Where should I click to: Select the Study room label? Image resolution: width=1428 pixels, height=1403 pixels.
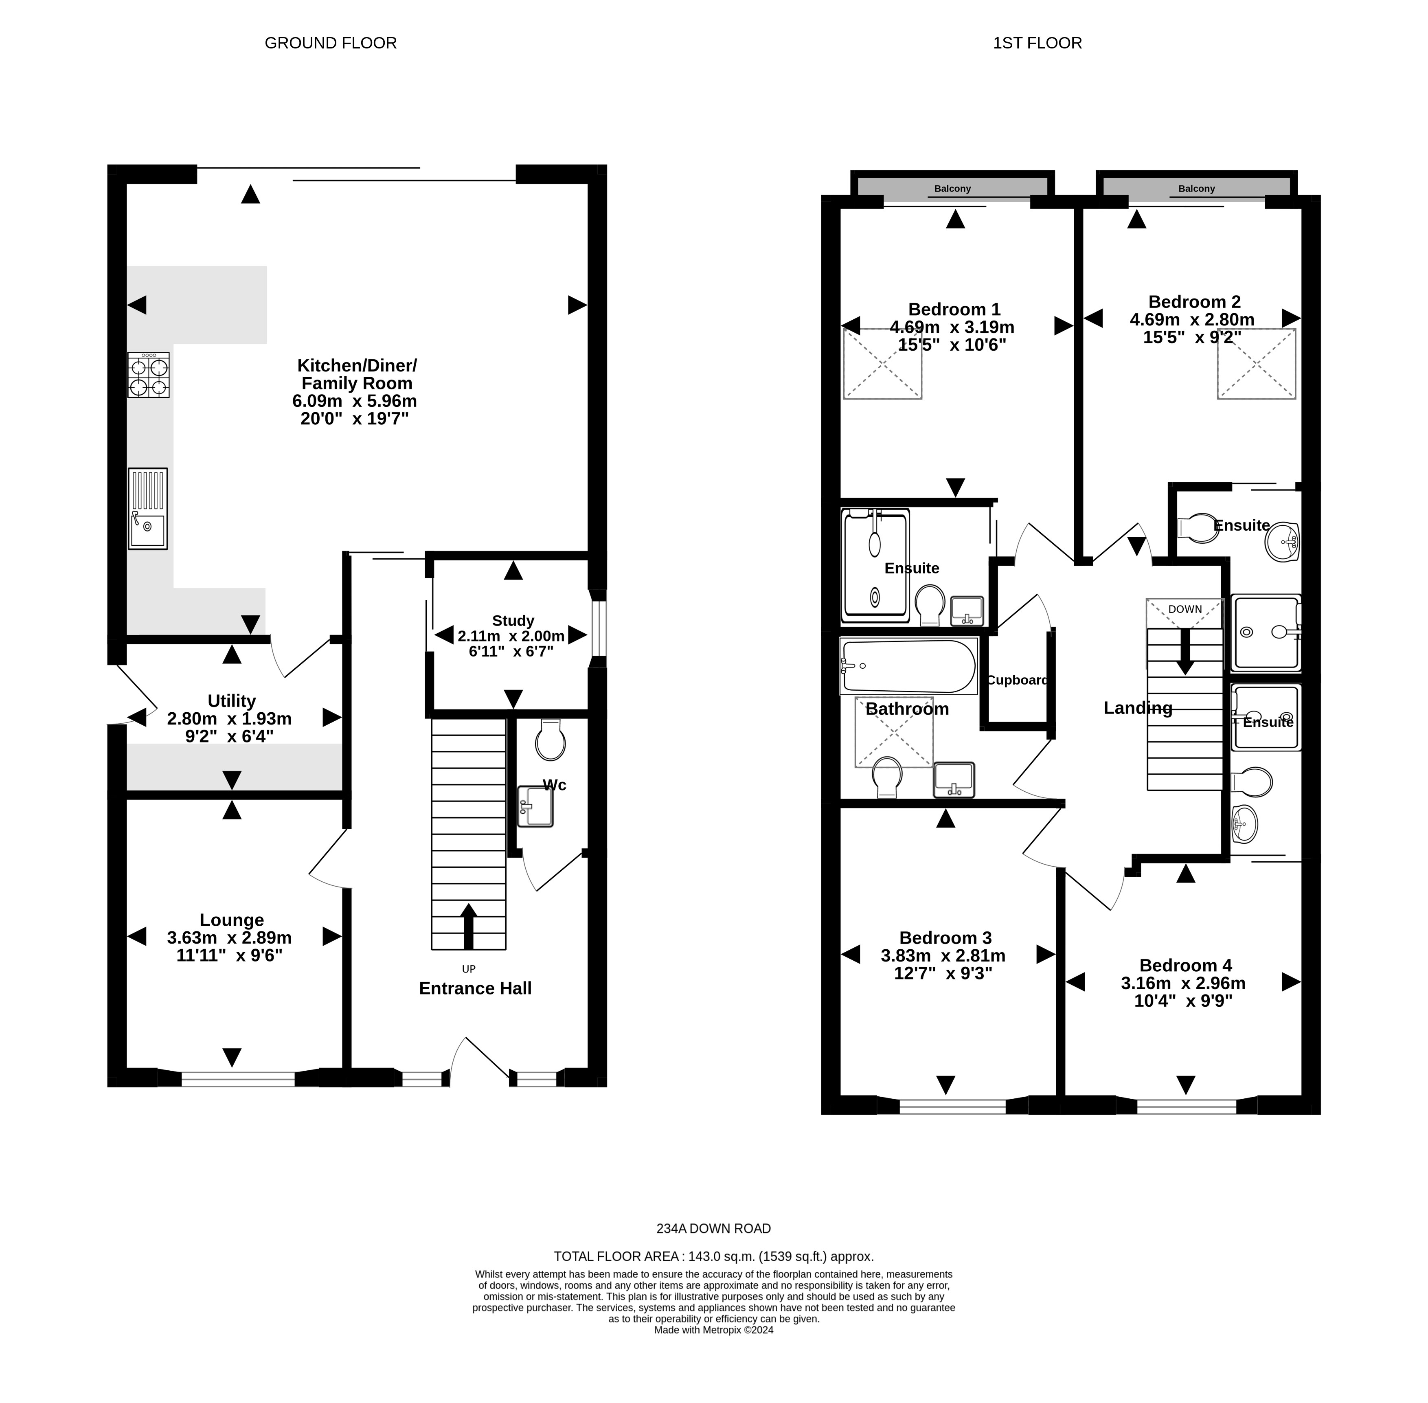coord(513,620)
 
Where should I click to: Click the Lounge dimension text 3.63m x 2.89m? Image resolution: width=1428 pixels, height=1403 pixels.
coord(229,938)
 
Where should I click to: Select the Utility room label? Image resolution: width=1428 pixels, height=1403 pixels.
coord(231,701)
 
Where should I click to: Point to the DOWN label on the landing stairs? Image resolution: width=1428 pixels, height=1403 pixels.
coord(1185,609)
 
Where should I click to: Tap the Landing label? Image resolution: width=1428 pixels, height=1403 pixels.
coord(1138,708)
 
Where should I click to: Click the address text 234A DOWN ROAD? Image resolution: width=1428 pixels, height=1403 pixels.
coord(713,1228)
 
